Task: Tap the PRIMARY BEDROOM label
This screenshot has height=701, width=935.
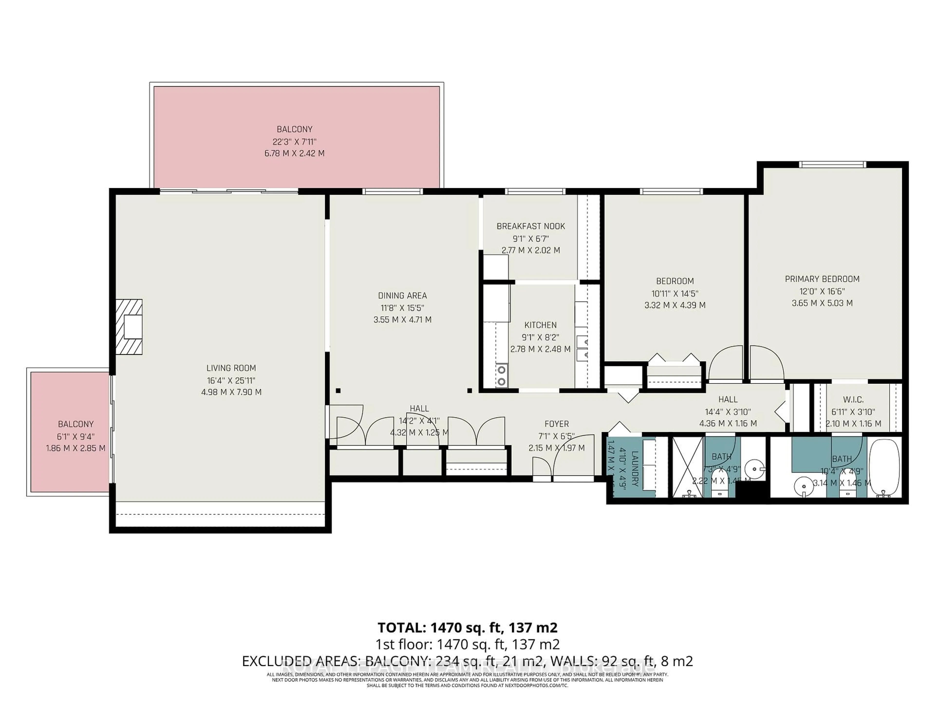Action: click(822, 279)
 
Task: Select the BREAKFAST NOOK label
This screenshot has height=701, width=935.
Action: click(531, 226)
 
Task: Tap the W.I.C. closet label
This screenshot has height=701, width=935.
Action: click(853, 399)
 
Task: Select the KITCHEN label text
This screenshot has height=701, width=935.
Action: click(540, 325)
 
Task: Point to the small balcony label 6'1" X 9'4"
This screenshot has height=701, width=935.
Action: click(76, 436)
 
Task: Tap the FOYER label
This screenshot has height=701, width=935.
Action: click(556, 424)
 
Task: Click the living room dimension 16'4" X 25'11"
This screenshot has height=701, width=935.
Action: click(231, 380)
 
